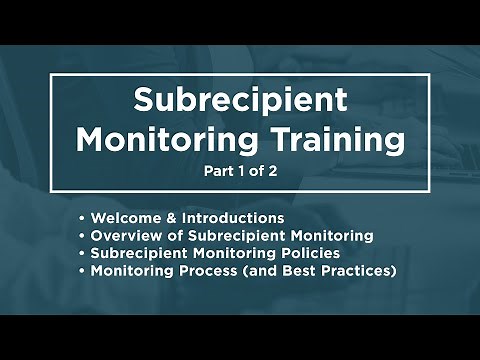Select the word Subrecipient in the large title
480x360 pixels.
tap(240, 101)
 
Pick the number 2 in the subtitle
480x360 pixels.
tap(272, 170)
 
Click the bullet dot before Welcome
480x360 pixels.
tap(80, 218)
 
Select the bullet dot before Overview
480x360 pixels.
tap(80, 236)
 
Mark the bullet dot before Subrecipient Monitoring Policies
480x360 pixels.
tap(80, 254)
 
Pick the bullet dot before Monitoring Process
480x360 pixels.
tap(80, 271)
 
